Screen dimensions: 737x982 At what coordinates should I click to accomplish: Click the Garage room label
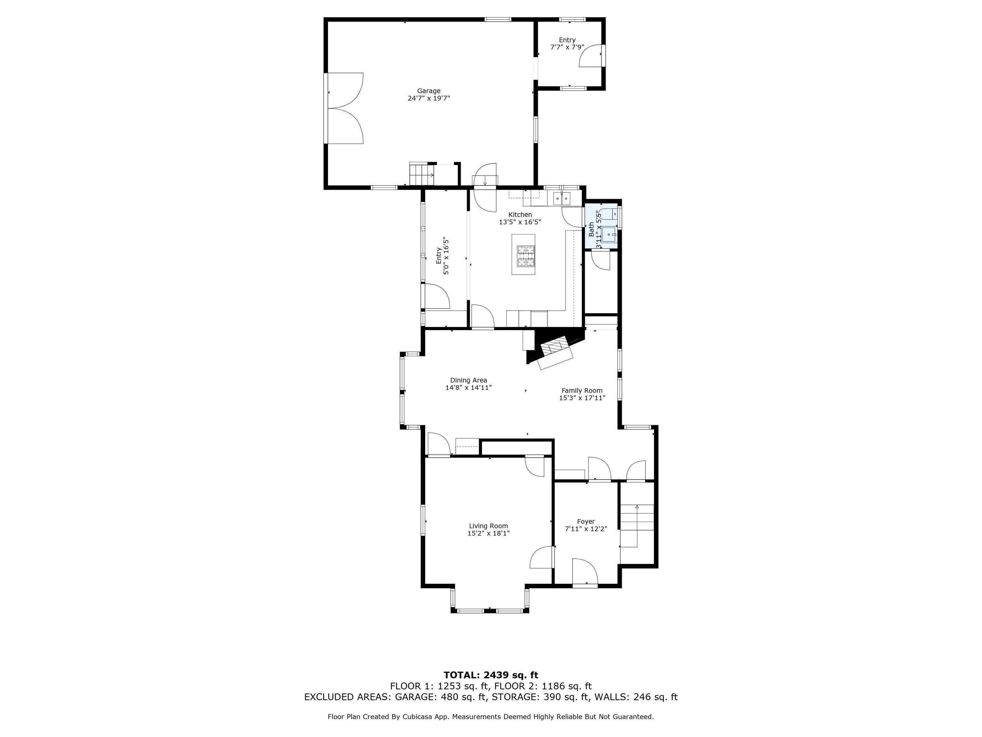428,91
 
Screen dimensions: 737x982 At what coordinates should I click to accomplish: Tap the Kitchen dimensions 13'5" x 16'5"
520,222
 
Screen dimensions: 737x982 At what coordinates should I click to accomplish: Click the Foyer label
586,521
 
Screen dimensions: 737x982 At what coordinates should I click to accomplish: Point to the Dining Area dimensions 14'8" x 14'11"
468,387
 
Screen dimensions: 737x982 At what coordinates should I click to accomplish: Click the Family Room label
582,390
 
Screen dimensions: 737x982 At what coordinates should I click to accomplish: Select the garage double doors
345,108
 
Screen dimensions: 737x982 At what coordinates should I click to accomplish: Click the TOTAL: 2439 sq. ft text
491,675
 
